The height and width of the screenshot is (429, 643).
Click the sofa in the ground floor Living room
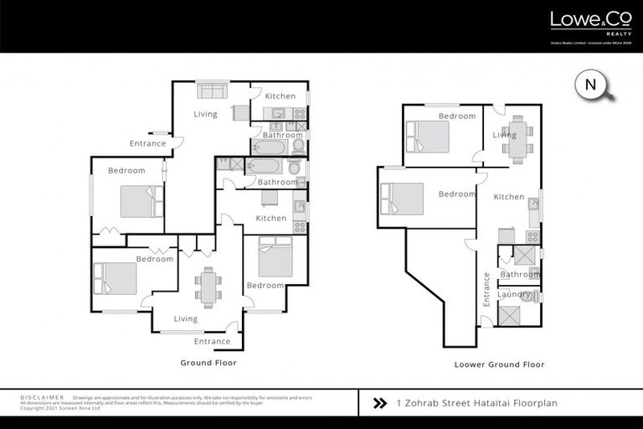[x=212, y=90]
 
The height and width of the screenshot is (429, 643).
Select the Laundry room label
[x=514, y=294]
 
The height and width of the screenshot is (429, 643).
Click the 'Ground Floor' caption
[x=208, y=363]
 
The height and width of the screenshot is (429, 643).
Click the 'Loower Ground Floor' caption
[x=499, y=364]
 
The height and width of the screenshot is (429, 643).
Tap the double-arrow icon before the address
[x=379, y=403]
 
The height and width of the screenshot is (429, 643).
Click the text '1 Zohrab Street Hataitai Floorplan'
[x=476, y=403]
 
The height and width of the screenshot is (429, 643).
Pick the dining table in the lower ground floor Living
[x=517, y=135]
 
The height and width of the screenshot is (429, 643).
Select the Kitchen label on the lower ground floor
[x=508, y=198]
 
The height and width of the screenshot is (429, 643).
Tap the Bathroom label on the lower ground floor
[x=520, y=274]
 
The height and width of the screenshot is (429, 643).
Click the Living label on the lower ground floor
[x=504, y=135]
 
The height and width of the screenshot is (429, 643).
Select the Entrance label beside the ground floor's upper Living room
[x=147, y=144]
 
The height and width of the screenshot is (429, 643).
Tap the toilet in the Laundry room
[x=527, y=296]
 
